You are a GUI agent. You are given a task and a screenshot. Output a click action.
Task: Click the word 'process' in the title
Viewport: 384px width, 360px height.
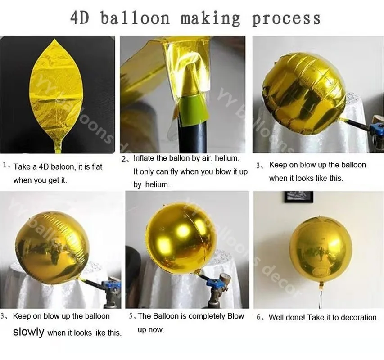point(286,18)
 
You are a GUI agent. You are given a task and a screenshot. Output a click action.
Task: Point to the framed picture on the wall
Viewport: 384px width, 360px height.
point(298,197)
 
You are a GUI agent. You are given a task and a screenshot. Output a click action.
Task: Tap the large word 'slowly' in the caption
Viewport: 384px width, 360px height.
point(28,332)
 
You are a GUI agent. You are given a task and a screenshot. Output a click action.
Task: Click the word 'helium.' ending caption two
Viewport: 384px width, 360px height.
point(157,184)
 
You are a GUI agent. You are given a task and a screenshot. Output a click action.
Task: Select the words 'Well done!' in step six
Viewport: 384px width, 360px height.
point(287,317)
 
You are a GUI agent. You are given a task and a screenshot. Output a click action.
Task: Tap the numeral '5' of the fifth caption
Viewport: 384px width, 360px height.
point(131,316)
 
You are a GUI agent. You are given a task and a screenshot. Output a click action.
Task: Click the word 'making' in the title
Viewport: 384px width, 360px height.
point(210,18)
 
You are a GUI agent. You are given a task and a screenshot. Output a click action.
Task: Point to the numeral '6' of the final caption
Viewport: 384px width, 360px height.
point(259,317)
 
